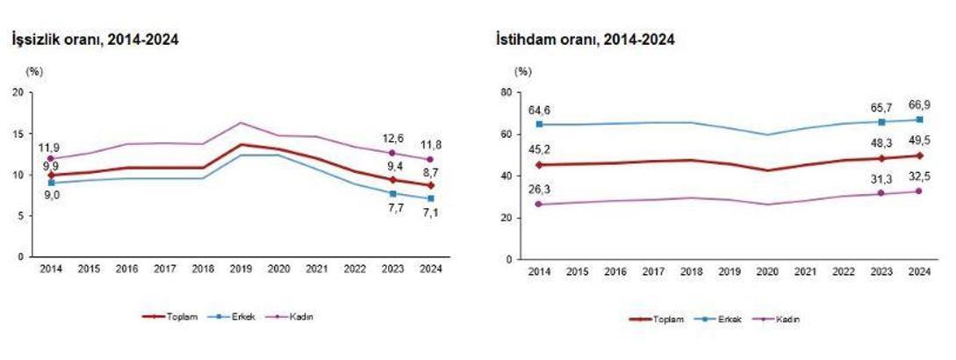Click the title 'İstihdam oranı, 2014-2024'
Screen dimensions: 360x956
(585, 40)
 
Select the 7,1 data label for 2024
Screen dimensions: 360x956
(429, 211)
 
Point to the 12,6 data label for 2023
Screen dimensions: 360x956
(392, 137)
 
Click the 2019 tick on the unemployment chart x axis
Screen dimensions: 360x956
(241, 269)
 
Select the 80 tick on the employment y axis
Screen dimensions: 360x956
(506, 91)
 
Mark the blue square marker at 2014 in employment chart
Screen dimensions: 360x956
(539, 124)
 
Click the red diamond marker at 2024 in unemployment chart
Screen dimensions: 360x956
(429, 185)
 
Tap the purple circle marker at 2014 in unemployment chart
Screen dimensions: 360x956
(51, 159)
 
